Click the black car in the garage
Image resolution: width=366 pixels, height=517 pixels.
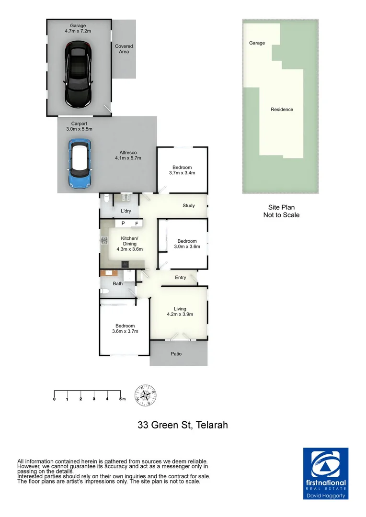[78, 75]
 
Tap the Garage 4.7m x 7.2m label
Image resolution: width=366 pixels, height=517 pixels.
[78, 28]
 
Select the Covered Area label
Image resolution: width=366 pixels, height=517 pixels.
[124, 49]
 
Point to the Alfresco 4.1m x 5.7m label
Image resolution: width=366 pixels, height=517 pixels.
[128, 155]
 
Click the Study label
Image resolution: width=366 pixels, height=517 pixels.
[189, 206]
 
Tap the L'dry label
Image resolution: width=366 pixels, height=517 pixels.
[126, 211]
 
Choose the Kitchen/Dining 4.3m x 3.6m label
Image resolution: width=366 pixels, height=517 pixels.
[129, 244]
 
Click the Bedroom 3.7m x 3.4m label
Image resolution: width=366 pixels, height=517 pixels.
[182, 170]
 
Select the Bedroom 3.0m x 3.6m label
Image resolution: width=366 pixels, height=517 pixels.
[187, 244]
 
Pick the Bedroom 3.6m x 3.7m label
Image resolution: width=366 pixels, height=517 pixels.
[125, 328]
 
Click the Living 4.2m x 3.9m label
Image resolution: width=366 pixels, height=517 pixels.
[180, 312]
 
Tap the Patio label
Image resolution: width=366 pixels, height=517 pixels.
[176, 354]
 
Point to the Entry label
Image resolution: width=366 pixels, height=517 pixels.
[181, 278]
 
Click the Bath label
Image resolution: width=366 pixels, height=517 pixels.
[117, 283]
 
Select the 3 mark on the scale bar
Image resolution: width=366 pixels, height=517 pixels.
[94, 399]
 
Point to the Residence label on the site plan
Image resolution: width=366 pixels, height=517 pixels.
[282, 110]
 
